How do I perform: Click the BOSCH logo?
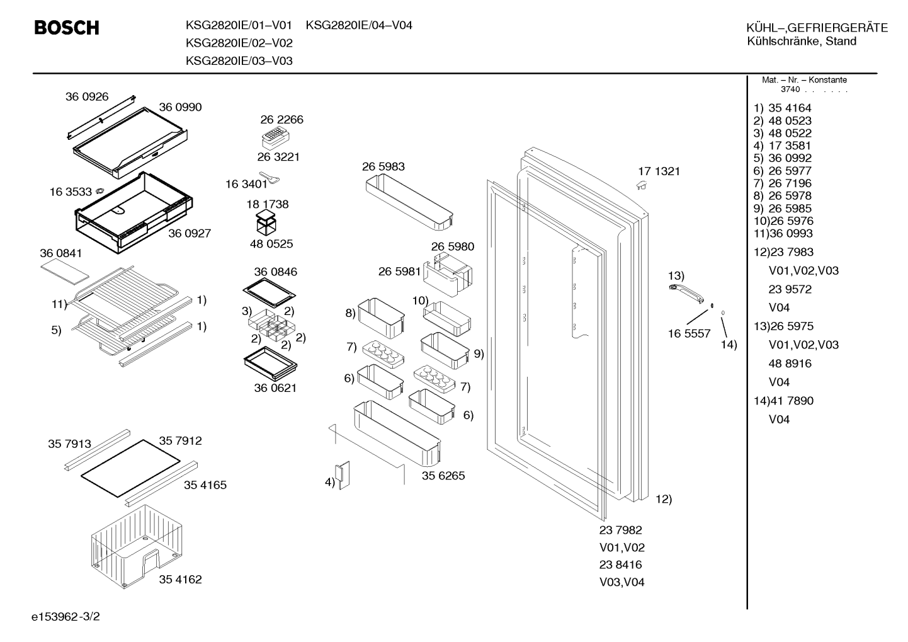click(x=67, y=28)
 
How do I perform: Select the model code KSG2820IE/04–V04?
click(x=359, y=25)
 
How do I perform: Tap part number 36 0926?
click(x=87, y=96)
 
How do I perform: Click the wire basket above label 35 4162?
click(x=137, y=546)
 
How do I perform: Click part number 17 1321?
click(x=659, y=171)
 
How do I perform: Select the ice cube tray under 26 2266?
click(x=276, y=138)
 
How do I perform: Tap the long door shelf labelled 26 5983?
click(x=409, y=202)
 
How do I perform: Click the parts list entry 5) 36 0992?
click(x=782, y=158)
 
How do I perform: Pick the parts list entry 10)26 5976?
click(x=783, y=221)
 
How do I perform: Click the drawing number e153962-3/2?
click(x=65, y=617)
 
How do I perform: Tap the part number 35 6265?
click(x=443, y=475)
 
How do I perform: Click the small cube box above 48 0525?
click(x=266, y=223)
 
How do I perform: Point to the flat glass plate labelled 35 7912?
click(x=130, y=468)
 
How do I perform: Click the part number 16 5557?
click(x=689, y=333)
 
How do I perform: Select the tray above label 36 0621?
click(x=270, y=363)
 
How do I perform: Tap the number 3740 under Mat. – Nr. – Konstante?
click(x=790, y=89)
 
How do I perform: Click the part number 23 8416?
click(x=621, y=565)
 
